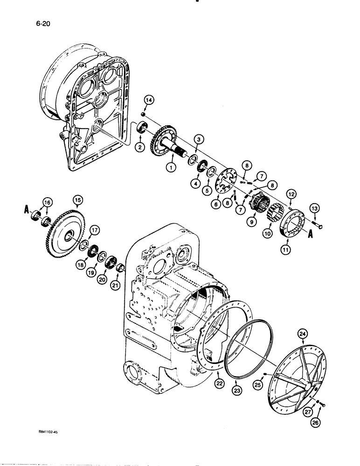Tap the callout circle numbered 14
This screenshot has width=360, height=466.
tap(148, 100)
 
